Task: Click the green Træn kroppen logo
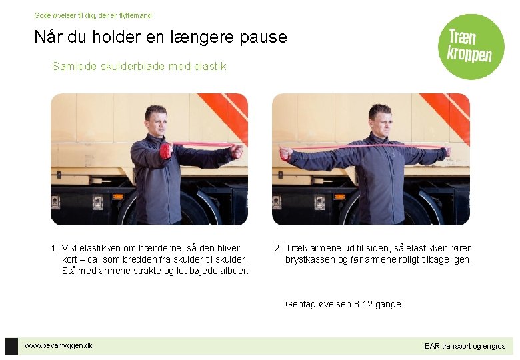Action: pos(471,47)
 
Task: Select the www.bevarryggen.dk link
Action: pos(59,345)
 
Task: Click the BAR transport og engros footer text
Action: pos(465,346)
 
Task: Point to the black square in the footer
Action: pos(11,346)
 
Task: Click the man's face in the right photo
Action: pos(379,120)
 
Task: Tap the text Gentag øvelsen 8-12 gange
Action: pos(344,304)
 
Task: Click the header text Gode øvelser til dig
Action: pos(66,15)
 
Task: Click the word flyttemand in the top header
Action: pos(135,15)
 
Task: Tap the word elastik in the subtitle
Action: pos(210,67)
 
